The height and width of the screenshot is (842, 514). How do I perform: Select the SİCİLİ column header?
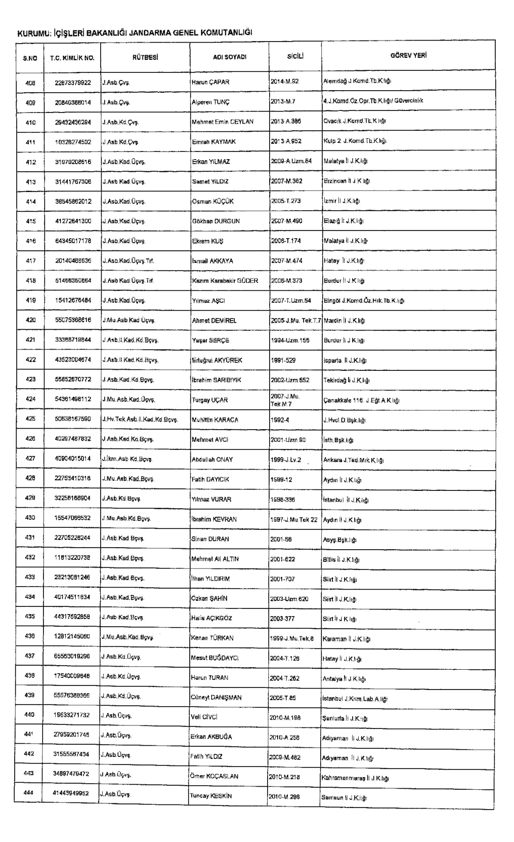tap(295, 56)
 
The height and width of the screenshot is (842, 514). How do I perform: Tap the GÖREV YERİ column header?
tap(408, 56)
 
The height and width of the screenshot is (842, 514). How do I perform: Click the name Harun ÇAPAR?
tap(210, 82)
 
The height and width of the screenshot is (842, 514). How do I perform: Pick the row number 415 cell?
tap(30, 221)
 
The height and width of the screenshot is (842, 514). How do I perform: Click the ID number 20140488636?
tap(73, 261)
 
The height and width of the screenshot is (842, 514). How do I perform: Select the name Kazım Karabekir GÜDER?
tap(225, 281)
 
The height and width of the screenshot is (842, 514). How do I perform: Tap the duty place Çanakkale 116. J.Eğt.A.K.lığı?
tap(361, 400)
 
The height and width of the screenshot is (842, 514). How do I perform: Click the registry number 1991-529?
tap(283, 360)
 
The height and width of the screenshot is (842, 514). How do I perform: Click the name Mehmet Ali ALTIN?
tap(215, 559)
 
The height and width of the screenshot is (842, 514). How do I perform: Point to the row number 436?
tap(30, 637)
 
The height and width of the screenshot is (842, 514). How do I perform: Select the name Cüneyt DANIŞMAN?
tap(216, 698)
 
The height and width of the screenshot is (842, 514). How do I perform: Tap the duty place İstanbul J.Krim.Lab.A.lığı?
tap(355, 699)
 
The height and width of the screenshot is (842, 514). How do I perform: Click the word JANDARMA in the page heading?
tap(150, 33)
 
